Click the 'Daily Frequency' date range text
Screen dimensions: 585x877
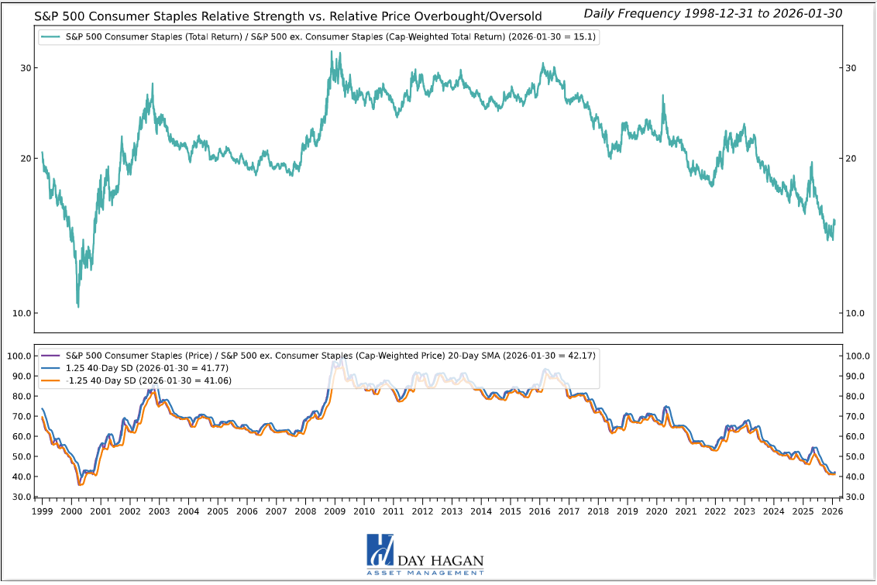pos(713,13)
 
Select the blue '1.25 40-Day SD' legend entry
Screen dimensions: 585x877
pos(148,368)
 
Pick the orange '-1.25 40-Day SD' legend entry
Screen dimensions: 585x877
pos(148,380)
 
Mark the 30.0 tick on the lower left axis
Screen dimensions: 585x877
pos(20,497)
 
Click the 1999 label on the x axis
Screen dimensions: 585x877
pos(42,511)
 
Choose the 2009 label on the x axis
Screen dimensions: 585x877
pos(335,511)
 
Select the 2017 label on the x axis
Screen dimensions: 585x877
pos(569,511)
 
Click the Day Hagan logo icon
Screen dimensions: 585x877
pos(380,552)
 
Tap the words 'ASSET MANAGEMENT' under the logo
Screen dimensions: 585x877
pos(425,573)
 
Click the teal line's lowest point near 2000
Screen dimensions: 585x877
pos(78,307)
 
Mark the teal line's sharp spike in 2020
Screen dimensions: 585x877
pos(663,96)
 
